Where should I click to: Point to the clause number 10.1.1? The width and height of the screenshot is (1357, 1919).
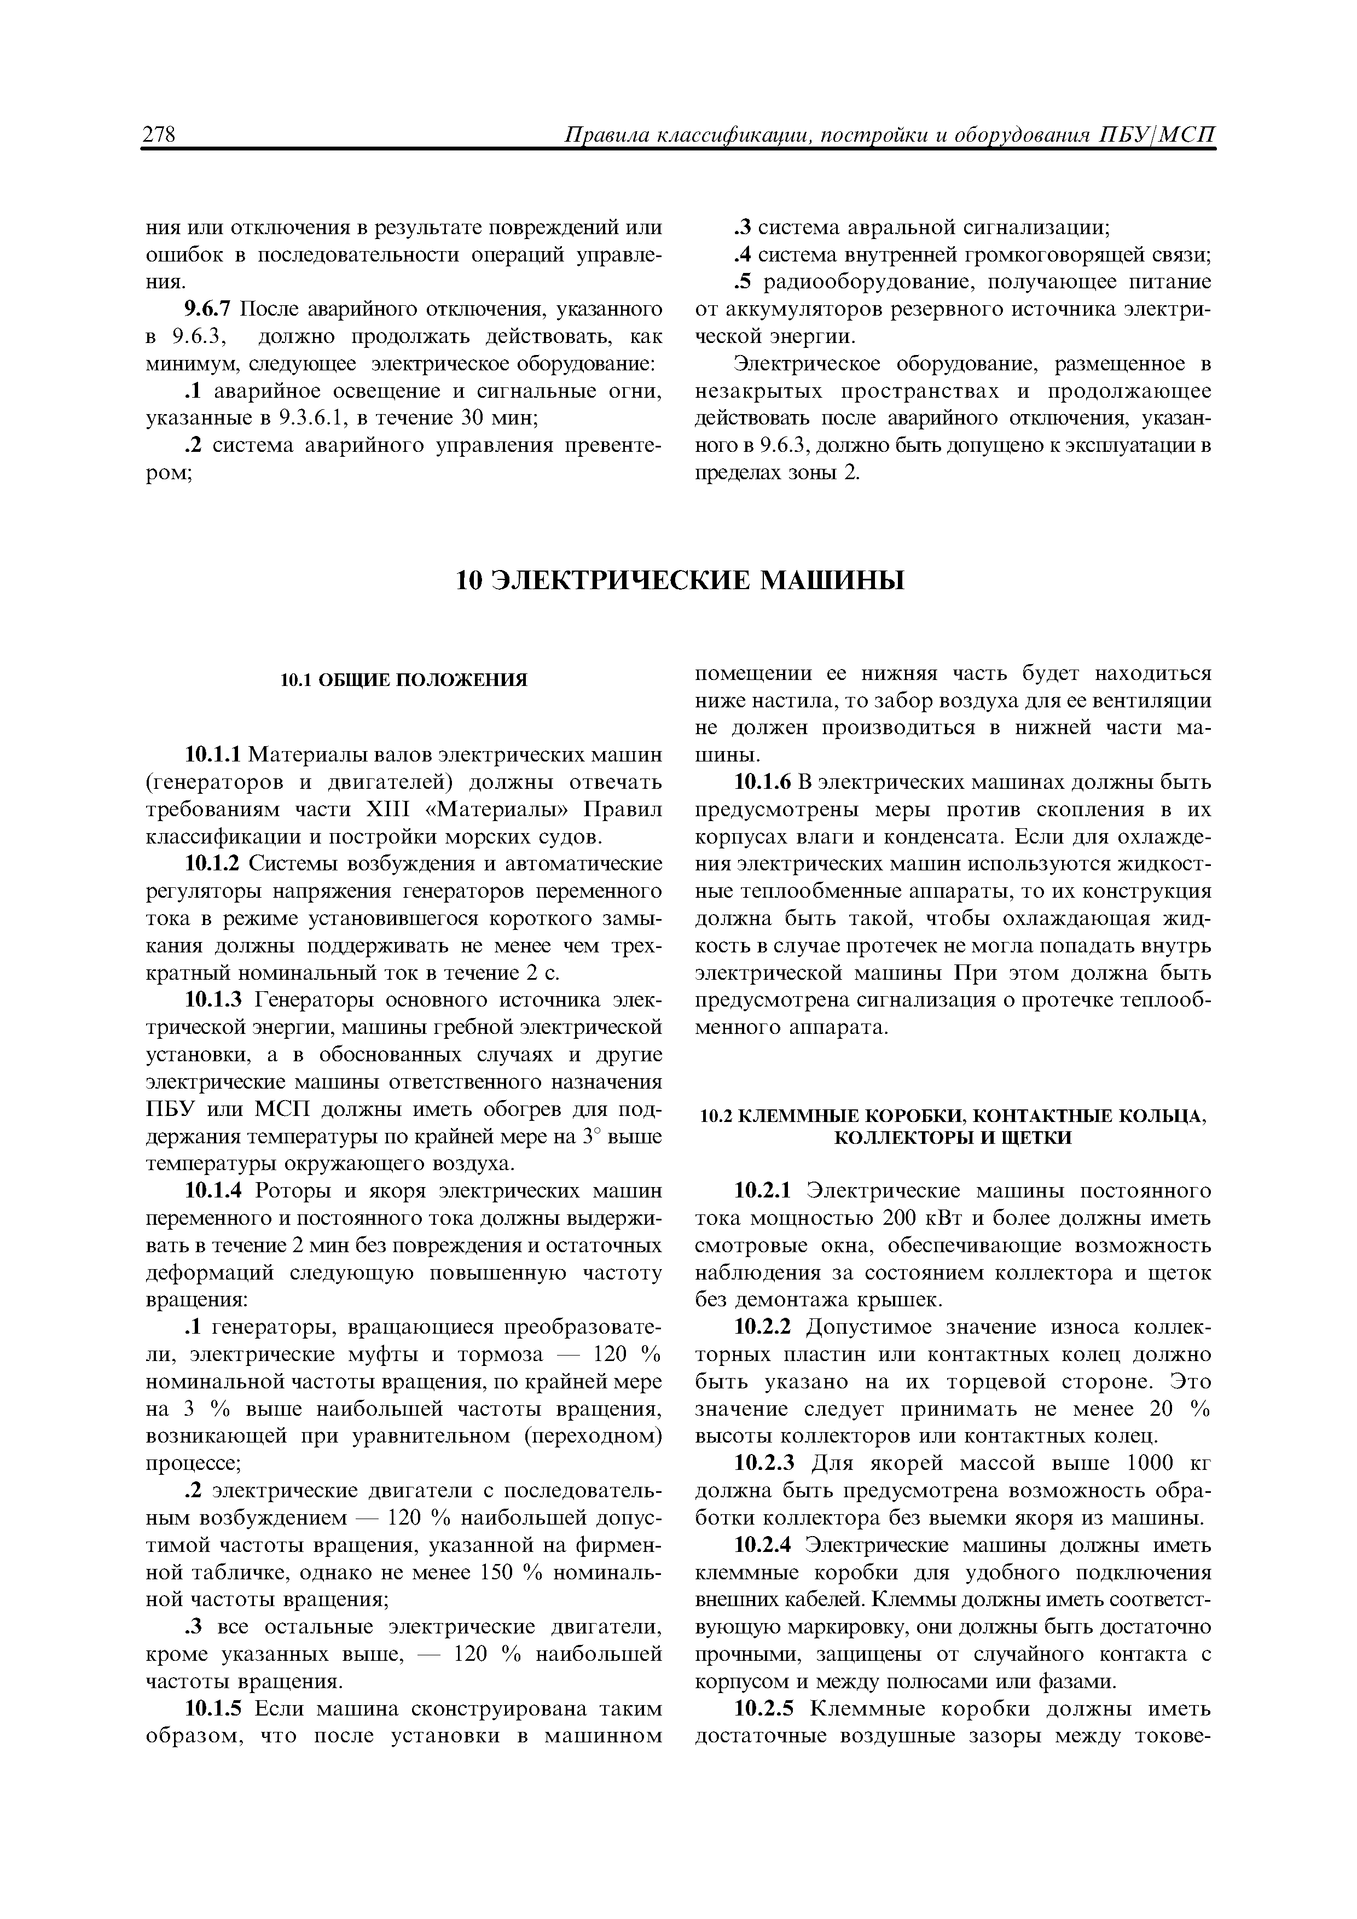pyautogui.click(x=213, y=755)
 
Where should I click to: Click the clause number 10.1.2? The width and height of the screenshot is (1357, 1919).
pyautogui.click(x=213, y=864)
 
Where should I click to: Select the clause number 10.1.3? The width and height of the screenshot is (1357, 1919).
pyautogui.click(x=213, y=1001)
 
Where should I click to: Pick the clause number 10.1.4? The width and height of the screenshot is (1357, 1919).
pyautogui.click(x=213, y=1191)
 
